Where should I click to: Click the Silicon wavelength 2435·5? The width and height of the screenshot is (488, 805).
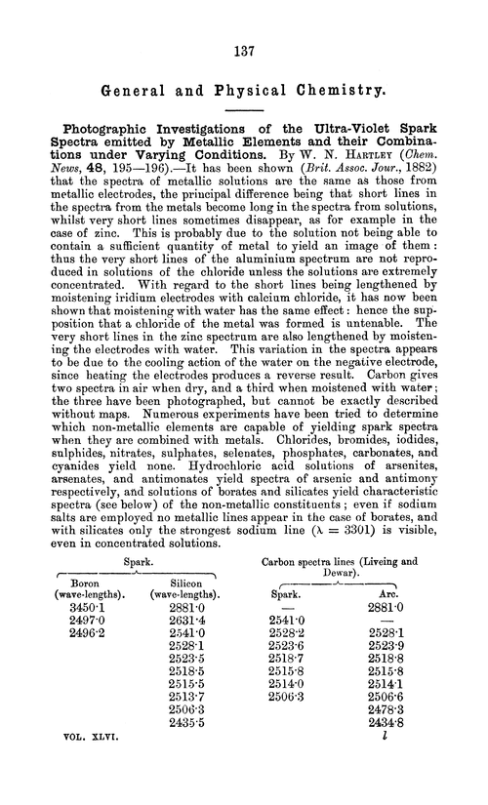coord(184,750)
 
